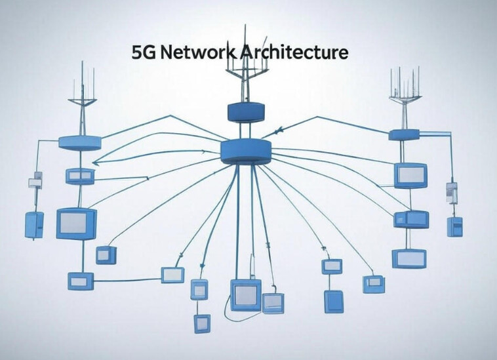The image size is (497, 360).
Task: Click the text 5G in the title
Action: pos(144,52)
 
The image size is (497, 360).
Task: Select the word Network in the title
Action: pos(198,52)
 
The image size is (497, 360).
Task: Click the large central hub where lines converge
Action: pos(246,151)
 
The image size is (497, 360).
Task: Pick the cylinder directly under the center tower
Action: pos(246,112)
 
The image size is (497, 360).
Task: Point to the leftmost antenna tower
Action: pos(82,98)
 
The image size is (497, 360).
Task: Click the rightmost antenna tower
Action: pos(405,98)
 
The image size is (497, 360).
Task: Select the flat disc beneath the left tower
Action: pos(80,142)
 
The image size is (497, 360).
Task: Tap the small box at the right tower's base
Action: pos(404,135)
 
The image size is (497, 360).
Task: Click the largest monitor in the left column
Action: pos(77,224)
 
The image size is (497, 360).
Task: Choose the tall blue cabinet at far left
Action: pos(34,225)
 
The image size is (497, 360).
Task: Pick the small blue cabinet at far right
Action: pos(455,227)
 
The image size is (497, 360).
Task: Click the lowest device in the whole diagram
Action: pos(202,323)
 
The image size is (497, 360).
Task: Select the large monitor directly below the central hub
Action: pos(246,295)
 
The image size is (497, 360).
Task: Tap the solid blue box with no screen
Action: pos(334,302)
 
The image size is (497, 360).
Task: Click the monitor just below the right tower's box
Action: pos(411,175)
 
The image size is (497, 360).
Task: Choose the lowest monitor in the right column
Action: pos(409,258)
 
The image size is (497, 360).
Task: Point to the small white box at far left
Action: pos(35,182)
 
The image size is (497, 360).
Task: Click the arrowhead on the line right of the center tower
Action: pos(278,130)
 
